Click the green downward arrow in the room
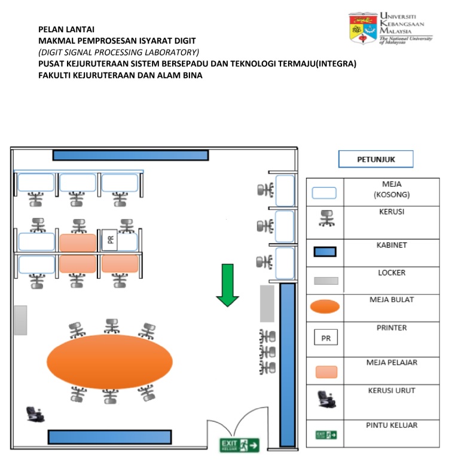(227, 285)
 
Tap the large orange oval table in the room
(109, 361)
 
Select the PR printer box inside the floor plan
(110, 240)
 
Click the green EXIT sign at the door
(240, 445)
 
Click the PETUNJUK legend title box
(375, 159)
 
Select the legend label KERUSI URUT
(391, 391)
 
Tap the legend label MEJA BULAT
(391, 299)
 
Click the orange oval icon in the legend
(325, 307)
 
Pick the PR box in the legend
(326, 338)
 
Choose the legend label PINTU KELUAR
(391, 426)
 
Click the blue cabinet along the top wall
(130, 156)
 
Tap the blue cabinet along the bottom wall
(109, 437)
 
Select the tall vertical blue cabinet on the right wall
(288, 365)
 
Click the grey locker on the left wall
(20, 320)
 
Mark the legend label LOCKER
(391, 273)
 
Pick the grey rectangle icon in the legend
(325, 281)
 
